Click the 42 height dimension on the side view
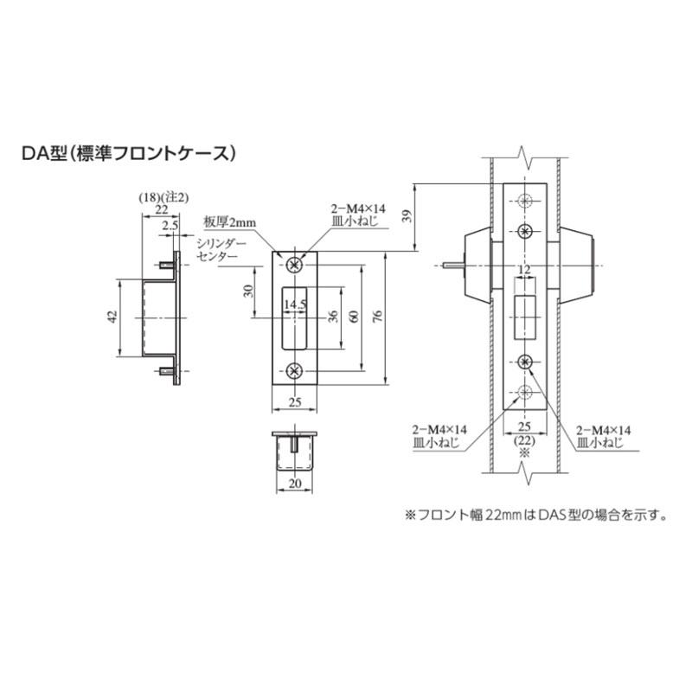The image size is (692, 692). coord(112,318)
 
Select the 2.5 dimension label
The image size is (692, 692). coord(170,225)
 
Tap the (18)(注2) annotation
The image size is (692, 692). coord(163,197)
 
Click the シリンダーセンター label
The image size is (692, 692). coord(222,250)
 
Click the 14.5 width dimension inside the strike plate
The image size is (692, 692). coord(296,304)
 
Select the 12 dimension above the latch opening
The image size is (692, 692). coord(522,272)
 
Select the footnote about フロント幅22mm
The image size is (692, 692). coord(536,515)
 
